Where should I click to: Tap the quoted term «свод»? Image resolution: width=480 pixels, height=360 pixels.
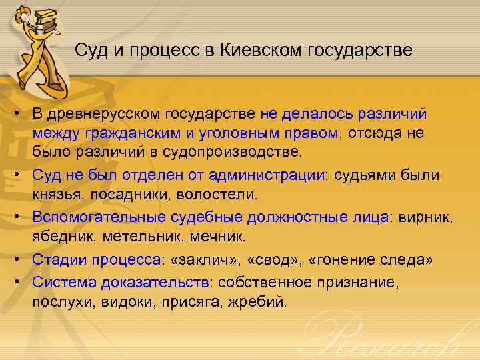point(269,260)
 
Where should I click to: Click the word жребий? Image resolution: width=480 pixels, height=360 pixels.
point(261,301)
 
